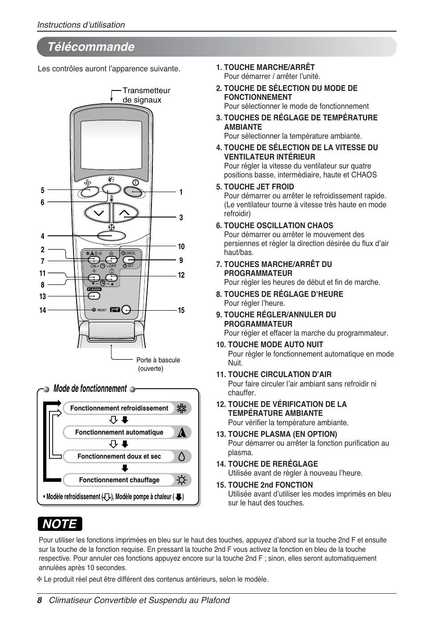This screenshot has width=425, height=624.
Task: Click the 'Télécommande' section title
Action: [91, 47]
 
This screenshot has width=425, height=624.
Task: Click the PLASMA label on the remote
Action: [94, 289]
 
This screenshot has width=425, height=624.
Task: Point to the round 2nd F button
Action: [126, 309]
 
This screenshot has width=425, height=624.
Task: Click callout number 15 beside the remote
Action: [181, 310]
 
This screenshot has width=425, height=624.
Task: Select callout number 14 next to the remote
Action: [42, 310]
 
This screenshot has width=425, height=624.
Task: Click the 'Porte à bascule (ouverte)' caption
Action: [158, 364]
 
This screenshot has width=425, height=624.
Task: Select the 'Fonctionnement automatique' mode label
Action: [119, 432]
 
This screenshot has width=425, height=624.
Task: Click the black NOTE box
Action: [60, 524]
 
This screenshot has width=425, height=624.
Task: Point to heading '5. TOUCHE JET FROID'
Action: [255, 187]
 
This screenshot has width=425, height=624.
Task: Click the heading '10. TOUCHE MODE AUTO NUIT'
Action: [270, 345]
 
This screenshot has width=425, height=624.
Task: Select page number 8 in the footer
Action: [39, 600]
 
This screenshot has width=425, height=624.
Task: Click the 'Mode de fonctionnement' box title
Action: [90, 389]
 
